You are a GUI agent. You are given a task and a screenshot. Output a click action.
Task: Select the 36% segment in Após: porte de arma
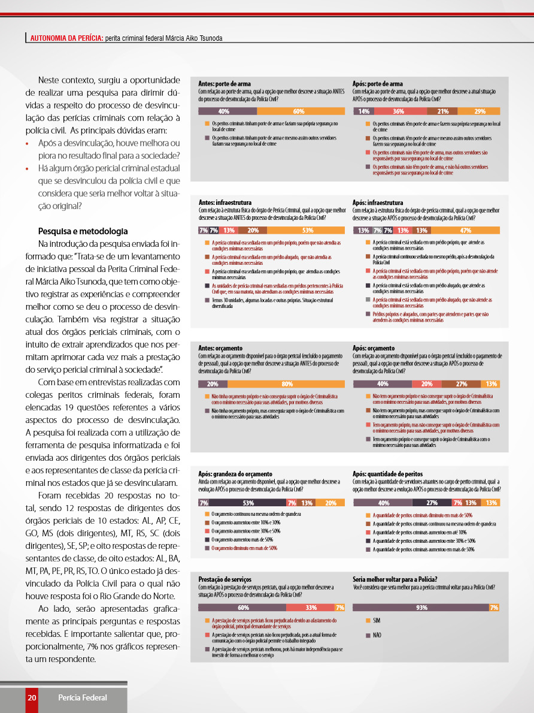(399, 111)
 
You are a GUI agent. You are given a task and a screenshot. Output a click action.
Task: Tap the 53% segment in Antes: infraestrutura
(308, 230)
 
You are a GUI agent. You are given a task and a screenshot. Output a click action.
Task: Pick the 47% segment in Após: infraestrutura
(465, 230)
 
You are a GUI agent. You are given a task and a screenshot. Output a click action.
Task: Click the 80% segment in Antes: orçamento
(287, 384)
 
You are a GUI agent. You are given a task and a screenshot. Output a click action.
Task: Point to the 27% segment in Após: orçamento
(462, 384)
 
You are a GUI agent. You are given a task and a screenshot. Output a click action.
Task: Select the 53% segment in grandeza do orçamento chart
(248, 503)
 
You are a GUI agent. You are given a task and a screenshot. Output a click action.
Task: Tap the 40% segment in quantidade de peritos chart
(384, 503)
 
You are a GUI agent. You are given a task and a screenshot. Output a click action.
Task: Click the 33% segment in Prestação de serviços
(311, 608)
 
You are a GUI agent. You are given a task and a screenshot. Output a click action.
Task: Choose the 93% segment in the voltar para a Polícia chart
(421, 608)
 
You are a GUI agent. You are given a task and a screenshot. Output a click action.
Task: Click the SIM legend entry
(377, 620)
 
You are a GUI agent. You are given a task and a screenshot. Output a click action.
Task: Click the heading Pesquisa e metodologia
(83, 231)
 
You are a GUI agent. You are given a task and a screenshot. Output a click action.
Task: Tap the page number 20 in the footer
(32, 697)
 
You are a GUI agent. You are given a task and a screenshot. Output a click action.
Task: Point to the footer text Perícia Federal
(83, 697)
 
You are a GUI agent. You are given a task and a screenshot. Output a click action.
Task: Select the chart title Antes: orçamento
(220, 348)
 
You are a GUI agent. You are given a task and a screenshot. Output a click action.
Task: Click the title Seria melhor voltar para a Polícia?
(395, 579)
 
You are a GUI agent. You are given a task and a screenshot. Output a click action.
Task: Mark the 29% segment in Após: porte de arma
(480, 111)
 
